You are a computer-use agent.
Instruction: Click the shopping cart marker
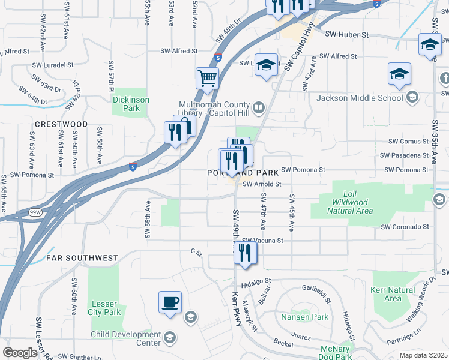(207, 77)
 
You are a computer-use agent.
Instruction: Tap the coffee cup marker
(170, 301)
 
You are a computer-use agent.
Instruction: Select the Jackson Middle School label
(360, 98)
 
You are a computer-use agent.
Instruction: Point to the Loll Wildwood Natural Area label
(350, 202)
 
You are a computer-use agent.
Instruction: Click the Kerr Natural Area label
(393, 294)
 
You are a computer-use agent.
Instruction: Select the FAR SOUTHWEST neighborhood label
(82, 258)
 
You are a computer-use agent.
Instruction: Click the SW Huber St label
(347, 35)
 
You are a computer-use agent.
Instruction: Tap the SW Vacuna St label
(262, 240)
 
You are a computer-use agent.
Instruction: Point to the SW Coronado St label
(405, 227)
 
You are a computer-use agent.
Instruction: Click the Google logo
(20, 353)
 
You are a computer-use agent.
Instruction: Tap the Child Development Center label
(126, 339)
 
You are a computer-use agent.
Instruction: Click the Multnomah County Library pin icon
(259, 108)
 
